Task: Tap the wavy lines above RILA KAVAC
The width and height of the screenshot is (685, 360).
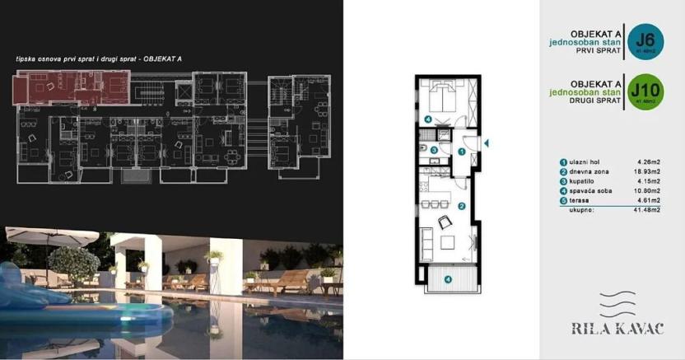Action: tap(613, 304)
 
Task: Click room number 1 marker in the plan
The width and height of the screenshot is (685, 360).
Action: tap(462, 152)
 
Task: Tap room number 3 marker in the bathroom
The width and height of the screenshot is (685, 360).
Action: tap(434, 150)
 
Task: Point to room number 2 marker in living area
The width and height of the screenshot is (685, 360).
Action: tap(462, 206)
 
